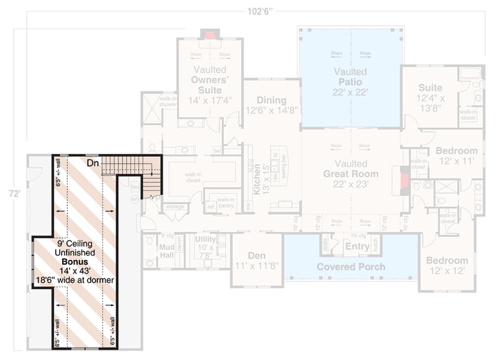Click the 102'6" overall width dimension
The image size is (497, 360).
[255, 11]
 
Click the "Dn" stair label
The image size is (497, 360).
[93, 163]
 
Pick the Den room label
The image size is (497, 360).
[257, 255]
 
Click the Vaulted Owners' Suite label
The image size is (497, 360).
[208, 80]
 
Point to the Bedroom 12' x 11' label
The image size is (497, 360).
[456, 155]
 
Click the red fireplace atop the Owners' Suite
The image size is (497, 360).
[210, 35]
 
